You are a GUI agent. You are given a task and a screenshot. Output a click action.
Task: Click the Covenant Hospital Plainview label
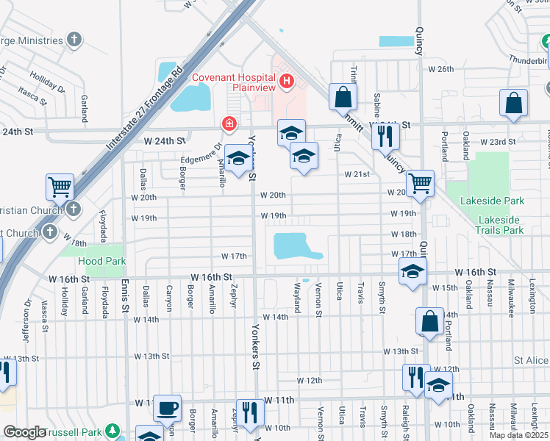coord(233,83)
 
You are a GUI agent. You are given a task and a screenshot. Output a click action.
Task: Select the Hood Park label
coord(101,261)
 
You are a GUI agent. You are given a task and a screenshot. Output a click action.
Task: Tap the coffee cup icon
coord(167,407)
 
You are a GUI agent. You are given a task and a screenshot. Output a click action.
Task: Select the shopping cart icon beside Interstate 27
coord(59,187)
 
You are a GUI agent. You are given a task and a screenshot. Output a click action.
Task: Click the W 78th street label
coord(74,243)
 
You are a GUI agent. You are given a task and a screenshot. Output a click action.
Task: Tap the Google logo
coord(25,433)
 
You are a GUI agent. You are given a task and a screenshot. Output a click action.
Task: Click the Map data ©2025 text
coord(519,435)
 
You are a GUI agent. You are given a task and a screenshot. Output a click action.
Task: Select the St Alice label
coord(531,361)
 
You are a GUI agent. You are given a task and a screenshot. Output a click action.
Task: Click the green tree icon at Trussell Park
coord(112,430)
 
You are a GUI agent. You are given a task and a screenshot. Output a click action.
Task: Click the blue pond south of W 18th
coord(295,246)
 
